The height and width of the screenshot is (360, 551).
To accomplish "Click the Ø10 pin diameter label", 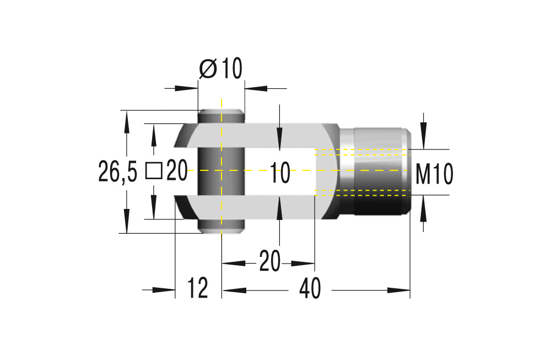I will pyautogui.click(x=220, y=69).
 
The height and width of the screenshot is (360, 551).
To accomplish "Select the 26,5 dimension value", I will pyautogui.click(x=117, y=172).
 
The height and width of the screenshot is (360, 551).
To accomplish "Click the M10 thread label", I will pyautogui.click(x=434, y=175).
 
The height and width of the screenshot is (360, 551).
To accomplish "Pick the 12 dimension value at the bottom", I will pyautogui.click(x=198, y=288).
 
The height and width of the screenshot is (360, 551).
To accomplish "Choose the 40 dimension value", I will pyautogui.click(x=310, y=289).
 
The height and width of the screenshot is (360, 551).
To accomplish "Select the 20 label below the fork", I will pyautogui.click(x=269, y=261).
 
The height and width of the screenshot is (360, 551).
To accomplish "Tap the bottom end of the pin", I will pyautogui.click(x=220, y=227).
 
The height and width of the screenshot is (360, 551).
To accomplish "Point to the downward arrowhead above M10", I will pyautogui.click(x=423, y=141).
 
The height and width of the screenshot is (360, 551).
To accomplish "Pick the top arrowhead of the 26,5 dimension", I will pyautogui.click(x=127, y=119).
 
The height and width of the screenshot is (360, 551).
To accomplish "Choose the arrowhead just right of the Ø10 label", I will pyautogui.click(x=253, y=87).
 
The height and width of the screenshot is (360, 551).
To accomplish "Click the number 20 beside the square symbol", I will pyautogui.click(x=177, y=171).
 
